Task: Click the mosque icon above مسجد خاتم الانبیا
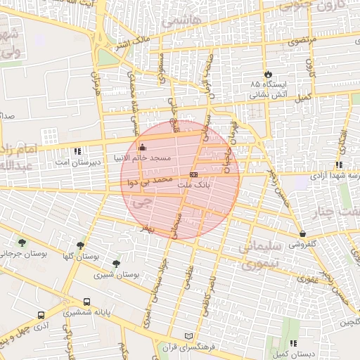[143, 148]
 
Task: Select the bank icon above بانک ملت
[194, 174]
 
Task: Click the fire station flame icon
[268, 74]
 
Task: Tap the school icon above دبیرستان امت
[77, 150]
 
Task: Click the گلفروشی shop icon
[302, 233]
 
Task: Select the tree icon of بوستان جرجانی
[22, 243]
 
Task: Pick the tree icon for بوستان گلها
[81, 245]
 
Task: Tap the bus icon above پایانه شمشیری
[86, 302]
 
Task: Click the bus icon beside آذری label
[41, 315]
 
